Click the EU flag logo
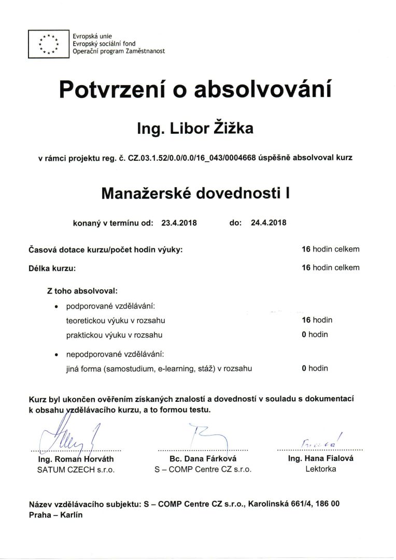49,44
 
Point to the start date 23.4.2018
179,223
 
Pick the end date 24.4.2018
268,223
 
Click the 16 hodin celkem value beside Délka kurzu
330,268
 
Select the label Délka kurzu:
52,268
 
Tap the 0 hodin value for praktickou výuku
315,334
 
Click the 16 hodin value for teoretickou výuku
317,320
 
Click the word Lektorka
321,469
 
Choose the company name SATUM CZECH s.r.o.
76,469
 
